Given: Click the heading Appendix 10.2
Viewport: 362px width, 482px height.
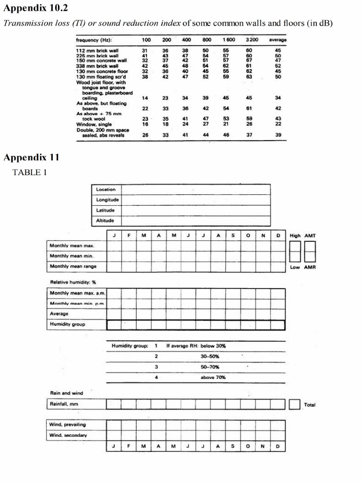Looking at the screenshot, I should tap(36, 8).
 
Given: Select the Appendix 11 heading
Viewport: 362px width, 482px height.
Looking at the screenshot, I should tap(32, 157).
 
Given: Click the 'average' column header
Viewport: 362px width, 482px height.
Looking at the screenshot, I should tap(278, 40).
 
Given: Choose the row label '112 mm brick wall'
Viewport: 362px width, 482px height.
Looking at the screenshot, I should tap(97, 50).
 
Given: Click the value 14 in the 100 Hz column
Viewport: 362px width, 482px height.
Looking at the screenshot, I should tap(145, 98).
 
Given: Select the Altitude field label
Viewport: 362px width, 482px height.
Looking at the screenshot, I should tap(105, 220).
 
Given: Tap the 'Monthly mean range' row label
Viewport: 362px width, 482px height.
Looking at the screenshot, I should tap(73, 266).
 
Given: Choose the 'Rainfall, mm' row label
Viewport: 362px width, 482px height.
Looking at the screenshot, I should tap(64, 404).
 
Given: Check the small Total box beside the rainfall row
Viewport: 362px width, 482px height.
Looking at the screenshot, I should tap(294, 404).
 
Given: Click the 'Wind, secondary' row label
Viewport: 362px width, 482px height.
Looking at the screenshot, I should tap(68, 435).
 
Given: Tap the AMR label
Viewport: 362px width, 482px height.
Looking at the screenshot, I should tap(310, 267).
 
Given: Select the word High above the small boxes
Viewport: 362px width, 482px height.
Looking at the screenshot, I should tap(295, 235).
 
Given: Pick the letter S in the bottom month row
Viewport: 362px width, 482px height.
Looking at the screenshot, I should tap(233, 446).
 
